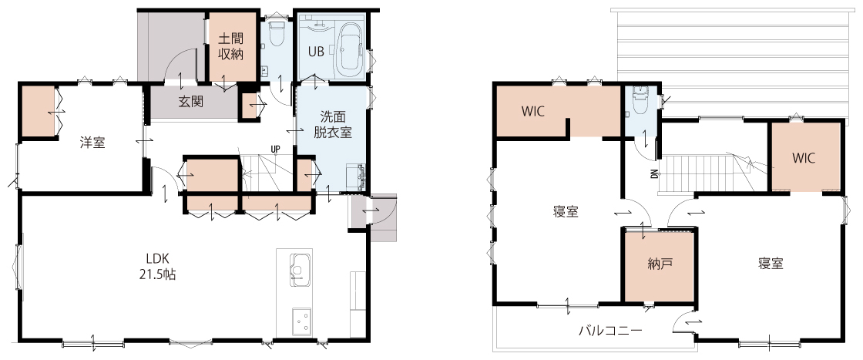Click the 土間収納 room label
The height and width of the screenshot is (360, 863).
tap(231, 47)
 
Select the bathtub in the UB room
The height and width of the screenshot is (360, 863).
tap(350, 49)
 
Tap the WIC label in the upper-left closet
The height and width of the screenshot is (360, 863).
tap(533, 111)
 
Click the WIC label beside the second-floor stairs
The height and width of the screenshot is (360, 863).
tap(804, 158)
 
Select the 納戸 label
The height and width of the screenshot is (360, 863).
tap(660, 264)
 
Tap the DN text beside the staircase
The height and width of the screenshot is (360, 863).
tap(654, 174)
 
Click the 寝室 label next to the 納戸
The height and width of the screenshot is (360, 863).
tap(771, 264)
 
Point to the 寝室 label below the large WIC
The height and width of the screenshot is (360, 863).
tap(566, 212)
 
